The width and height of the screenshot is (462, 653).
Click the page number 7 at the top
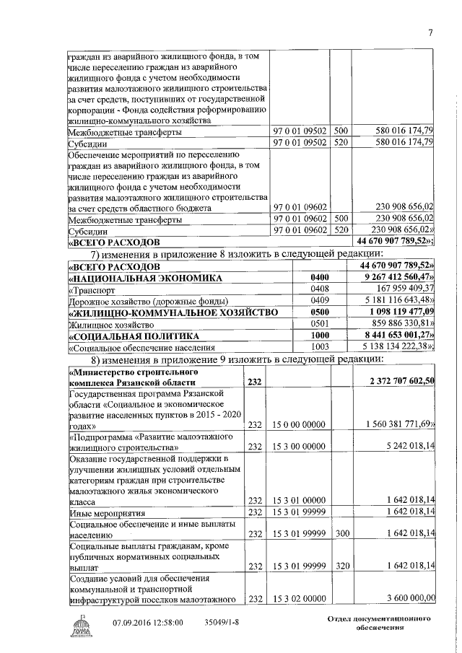[430, 32]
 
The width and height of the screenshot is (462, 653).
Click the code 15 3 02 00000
[299, 598]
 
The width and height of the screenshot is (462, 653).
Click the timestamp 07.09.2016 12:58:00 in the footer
[148, 623]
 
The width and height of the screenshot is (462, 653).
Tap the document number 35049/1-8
[222, 623]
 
